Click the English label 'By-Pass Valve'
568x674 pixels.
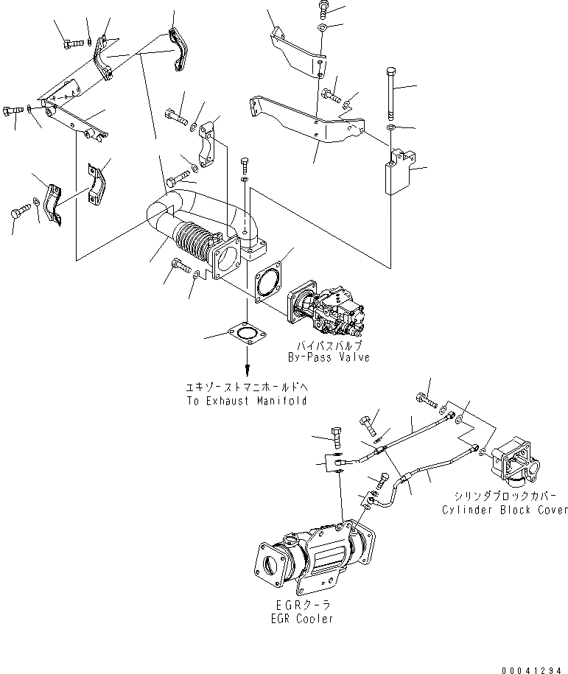[x=328, y=357]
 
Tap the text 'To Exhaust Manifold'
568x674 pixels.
[x=246, y=401]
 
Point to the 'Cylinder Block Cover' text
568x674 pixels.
[x=505, y=510]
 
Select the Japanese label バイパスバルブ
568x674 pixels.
[x=329, y=345]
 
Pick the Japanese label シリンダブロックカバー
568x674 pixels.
[x=505, y=496]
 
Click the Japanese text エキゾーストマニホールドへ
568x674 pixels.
[x=246, y=388]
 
